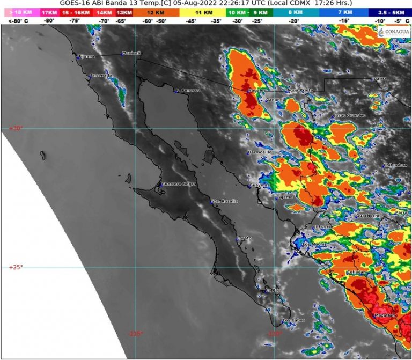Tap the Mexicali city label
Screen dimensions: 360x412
pos(131,53)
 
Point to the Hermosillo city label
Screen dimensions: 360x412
pos(261,152)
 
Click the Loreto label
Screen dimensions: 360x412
pos(244,238)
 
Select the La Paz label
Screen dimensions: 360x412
pos(273,290)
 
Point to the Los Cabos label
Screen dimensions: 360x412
pos(293,321)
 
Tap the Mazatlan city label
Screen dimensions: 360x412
pos(385,315)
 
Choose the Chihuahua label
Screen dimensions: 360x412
pos(395,165)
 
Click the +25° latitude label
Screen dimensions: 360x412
pos(16,267)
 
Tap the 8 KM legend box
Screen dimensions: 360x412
pos(293,12)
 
